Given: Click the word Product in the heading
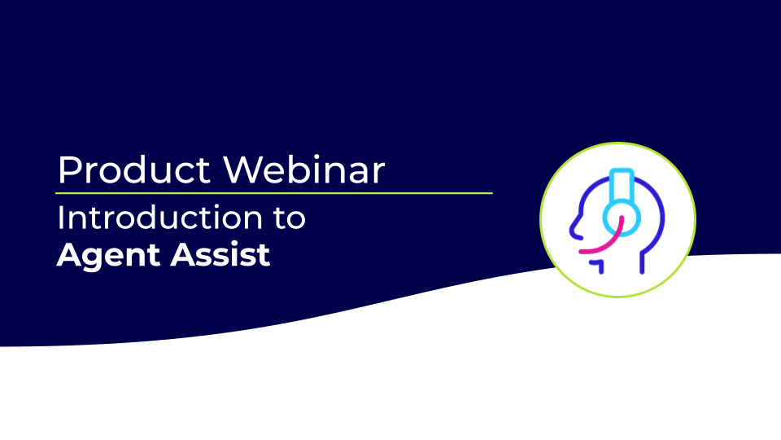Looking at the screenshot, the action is click(134, 170).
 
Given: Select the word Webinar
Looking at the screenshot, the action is click(303, 169).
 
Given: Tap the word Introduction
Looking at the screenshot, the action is click(160, 218).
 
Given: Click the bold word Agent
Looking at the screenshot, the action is click(108, 256).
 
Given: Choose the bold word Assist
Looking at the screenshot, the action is click(220, 254).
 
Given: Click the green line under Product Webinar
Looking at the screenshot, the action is click(274, 193).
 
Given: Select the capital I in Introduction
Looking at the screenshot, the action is click(61, 218).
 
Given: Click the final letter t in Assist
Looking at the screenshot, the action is click(264, 255).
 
